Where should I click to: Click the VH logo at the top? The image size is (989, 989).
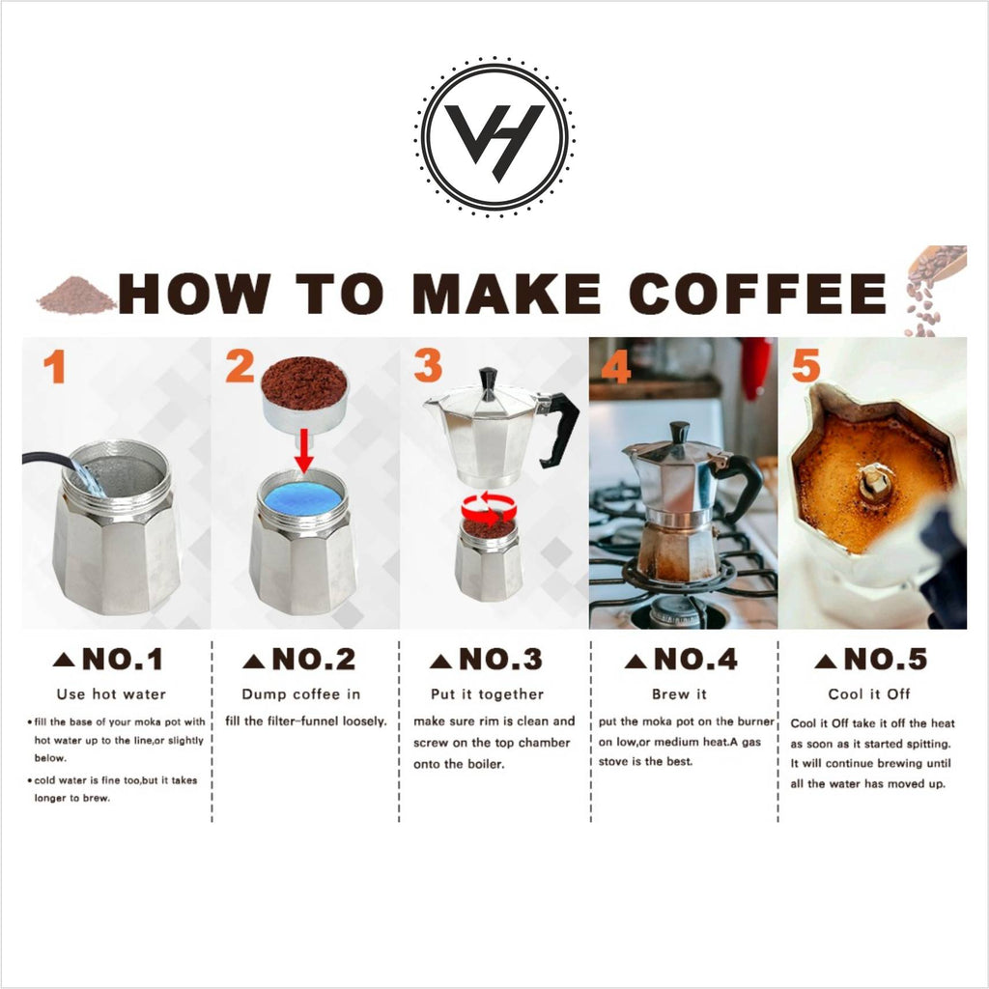(494, 135)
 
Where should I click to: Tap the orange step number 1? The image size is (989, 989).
(54, 367)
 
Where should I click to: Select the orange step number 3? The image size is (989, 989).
(428, 367)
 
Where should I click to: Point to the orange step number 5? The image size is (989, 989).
(805, 367)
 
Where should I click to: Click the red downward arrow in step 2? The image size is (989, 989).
(304, 450)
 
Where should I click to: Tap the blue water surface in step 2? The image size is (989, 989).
(304, 499)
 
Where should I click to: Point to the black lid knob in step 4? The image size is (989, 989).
(680, 431)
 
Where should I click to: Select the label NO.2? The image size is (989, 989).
(299, 660)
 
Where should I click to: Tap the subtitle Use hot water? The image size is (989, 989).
(111, 693)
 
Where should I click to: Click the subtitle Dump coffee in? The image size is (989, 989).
(300, 693)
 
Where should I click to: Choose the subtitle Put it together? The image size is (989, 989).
(487, 693)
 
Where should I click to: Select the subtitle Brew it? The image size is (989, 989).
(679, 693)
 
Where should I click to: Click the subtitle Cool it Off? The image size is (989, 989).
(869, 693)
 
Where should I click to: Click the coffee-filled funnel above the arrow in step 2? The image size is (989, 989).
(304, 391)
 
